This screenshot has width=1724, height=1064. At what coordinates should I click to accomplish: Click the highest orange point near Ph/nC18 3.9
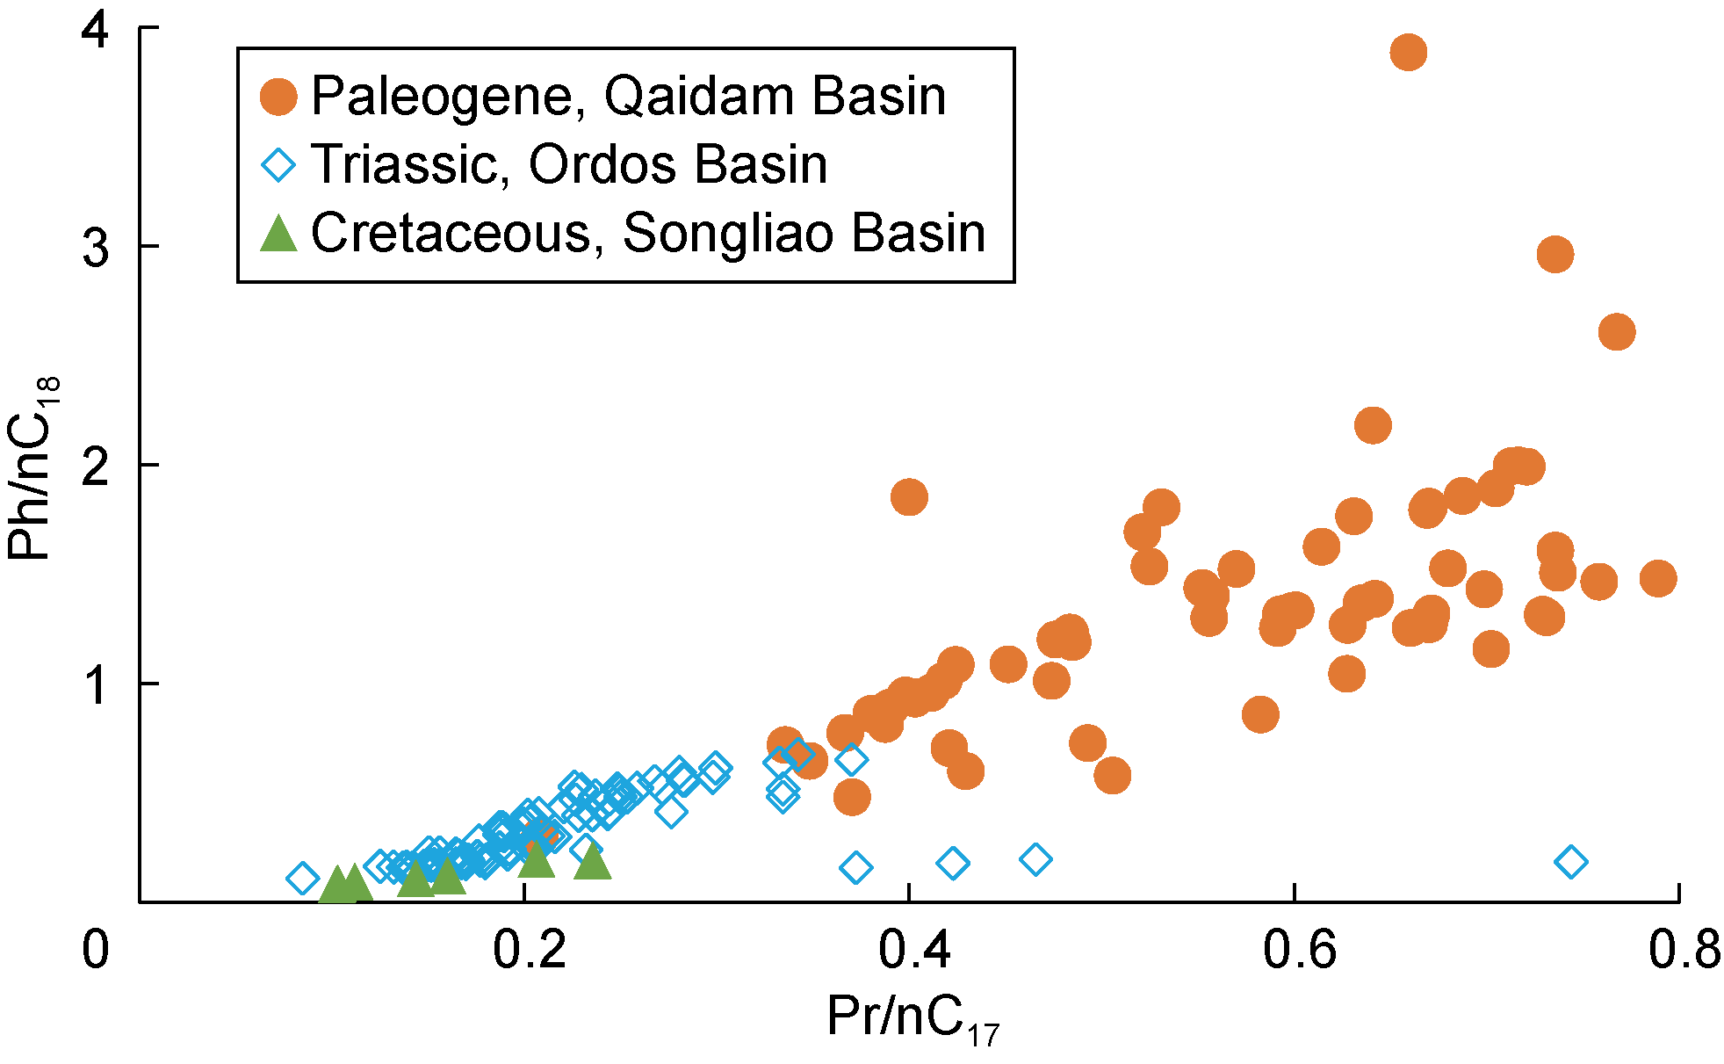click(x=1408, y=53)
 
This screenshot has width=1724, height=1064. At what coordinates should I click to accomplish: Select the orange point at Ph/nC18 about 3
click(x=1554, y=255)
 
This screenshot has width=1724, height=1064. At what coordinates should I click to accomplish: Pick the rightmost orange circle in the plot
click(x=1657, y=578)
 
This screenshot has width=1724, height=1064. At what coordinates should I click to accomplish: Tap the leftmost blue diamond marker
click(x=302, y=878)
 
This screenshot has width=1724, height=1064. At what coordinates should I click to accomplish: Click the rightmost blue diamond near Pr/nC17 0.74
click(x=1570, y=862)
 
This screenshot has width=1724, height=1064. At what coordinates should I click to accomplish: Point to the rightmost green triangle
click(x=593, y=862)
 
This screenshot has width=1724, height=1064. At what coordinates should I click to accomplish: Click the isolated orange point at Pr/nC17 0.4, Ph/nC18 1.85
click(x=909, y=497)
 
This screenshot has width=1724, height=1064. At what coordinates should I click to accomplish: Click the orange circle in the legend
click(x=279, y=97)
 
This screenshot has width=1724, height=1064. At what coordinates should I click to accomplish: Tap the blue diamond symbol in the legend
click(x=279, y=165)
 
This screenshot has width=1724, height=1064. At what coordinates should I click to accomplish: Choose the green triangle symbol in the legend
click(x=279, y=234)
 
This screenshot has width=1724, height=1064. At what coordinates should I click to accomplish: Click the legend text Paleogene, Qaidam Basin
click(x=628, y=96)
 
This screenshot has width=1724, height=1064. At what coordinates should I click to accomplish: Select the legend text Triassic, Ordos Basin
click(x=569, y=164)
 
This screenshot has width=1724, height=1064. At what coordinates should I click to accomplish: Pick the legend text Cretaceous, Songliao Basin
click(x=648, y=233)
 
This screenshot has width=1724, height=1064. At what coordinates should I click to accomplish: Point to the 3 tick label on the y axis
click(x=97, y=249)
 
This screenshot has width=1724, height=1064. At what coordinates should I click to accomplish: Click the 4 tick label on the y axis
click(x=97, y=31)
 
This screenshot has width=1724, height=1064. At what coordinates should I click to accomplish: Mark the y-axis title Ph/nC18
click(x=32, y=467)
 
